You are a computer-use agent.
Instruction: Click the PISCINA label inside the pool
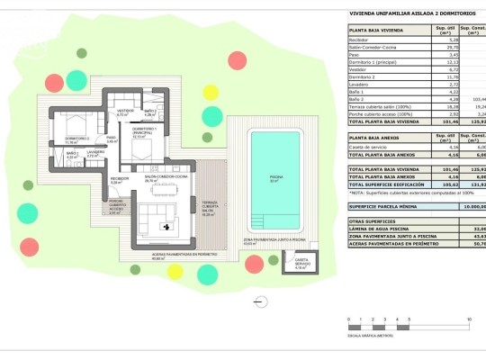tap(275, 179)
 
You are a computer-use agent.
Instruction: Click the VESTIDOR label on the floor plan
tap(124, 113)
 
